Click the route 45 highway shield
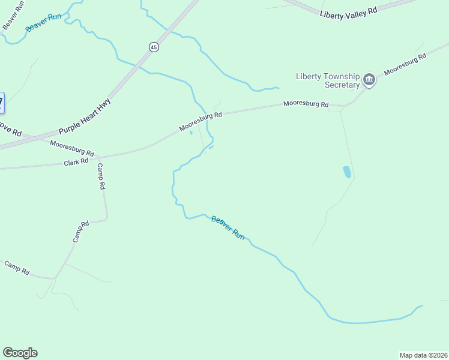tap(154, 47)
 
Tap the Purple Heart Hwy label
tap(85, 115)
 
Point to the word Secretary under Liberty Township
tap(342, 85)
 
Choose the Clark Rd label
tap(76, 162)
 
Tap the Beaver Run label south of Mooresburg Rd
tap(228, 228)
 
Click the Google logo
tap(20, 353)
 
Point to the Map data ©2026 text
tap(423, 355)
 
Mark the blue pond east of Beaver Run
tap(346, 172)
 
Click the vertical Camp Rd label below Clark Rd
tap(101, 176)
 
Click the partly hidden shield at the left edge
tap(1, 102)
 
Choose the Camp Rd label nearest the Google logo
tap(17, 268)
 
